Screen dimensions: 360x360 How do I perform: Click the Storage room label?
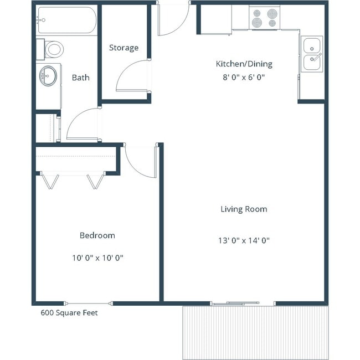[x=124, y=48]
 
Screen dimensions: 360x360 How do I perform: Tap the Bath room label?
[x=80, y=78]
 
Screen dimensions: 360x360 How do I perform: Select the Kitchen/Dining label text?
[x=244, y=64]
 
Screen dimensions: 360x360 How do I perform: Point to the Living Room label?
[x=244, y=209]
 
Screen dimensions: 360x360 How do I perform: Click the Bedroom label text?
[x=97, y=235]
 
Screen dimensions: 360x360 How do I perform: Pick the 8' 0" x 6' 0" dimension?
[x=244, y=78]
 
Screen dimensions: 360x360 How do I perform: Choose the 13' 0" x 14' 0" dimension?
[x=244, y=240]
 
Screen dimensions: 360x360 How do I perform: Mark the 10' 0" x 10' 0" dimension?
[x=97, y=258]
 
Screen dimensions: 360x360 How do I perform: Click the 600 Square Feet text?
[x=69, y=313]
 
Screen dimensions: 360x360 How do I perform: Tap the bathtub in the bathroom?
[x=66, y=20]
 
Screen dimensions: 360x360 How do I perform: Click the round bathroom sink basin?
[x=48, y=75]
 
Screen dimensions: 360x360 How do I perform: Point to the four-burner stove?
[x=264, y=18]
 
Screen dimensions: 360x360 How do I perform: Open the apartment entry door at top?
[x=173, y=19]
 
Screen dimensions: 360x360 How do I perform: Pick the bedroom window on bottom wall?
[x=89, y=302]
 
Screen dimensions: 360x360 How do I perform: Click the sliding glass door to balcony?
[x=243, y=303]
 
